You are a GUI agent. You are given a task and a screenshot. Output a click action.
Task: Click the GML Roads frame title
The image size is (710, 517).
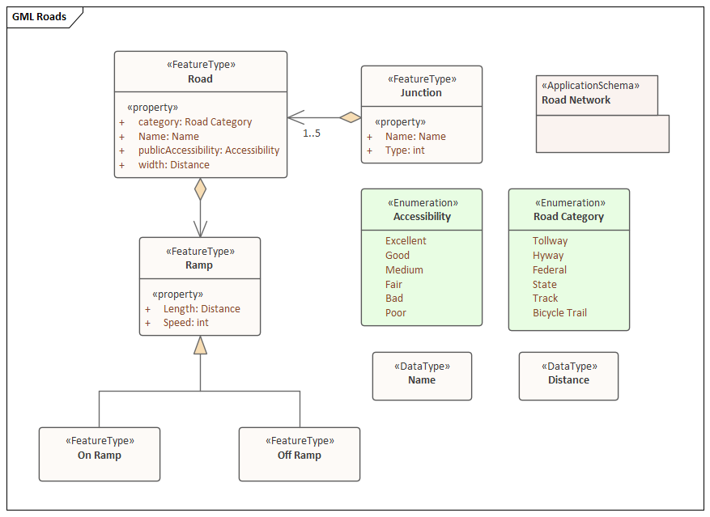39,17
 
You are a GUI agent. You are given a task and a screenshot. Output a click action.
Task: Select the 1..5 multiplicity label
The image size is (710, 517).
312,133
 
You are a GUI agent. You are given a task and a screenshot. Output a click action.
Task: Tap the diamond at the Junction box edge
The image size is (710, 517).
351,117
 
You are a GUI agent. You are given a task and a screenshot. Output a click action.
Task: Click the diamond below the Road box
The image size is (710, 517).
200,189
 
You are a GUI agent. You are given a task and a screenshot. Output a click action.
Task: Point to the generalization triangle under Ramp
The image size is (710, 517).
200,345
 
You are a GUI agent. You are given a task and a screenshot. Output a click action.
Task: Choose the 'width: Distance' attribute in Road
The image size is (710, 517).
174,165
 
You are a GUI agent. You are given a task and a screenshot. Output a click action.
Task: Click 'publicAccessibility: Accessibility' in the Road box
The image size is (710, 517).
209,150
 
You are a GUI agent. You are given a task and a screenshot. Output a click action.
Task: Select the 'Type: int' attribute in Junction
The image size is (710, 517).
405,150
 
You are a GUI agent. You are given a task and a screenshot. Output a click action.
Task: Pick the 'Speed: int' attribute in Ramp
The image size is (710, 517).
185,323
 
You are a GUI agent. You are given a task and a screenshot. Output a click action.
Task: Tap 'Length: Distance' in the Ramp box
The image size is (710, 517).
202,309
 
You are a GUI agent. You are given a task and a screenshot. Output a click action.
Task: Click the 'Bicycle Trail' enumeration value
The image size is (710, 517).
559,313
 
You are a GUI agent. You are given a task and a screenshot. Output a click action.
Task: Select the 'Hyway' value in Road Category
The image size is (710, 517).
548,256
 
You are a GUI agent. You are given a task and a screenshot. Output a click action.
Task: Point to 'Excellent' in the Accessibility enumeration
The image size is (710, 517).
406,241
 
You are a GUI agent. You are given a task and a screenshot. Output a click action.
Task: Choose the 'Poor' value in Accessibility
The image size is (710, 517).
396,313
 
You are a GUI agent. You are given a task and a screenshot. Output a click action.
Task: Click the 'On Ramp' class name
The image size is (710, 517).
99,456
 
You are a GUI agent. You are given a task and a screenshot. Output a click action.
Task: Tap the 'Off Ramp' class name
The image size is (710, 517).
300,456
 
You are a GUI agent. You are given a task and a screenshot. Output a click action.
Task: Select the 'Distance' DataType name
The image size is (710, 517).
568,379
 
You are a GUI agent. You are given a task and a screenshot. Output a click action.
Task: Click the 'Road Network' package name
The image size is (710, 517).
576,100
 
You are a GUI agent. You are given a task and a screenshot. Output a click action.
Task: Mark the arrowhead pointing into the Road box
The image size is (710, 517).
295,117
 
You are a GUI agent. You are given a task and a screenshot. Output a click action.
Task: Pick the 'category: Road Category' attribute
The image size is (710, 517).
195,122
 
